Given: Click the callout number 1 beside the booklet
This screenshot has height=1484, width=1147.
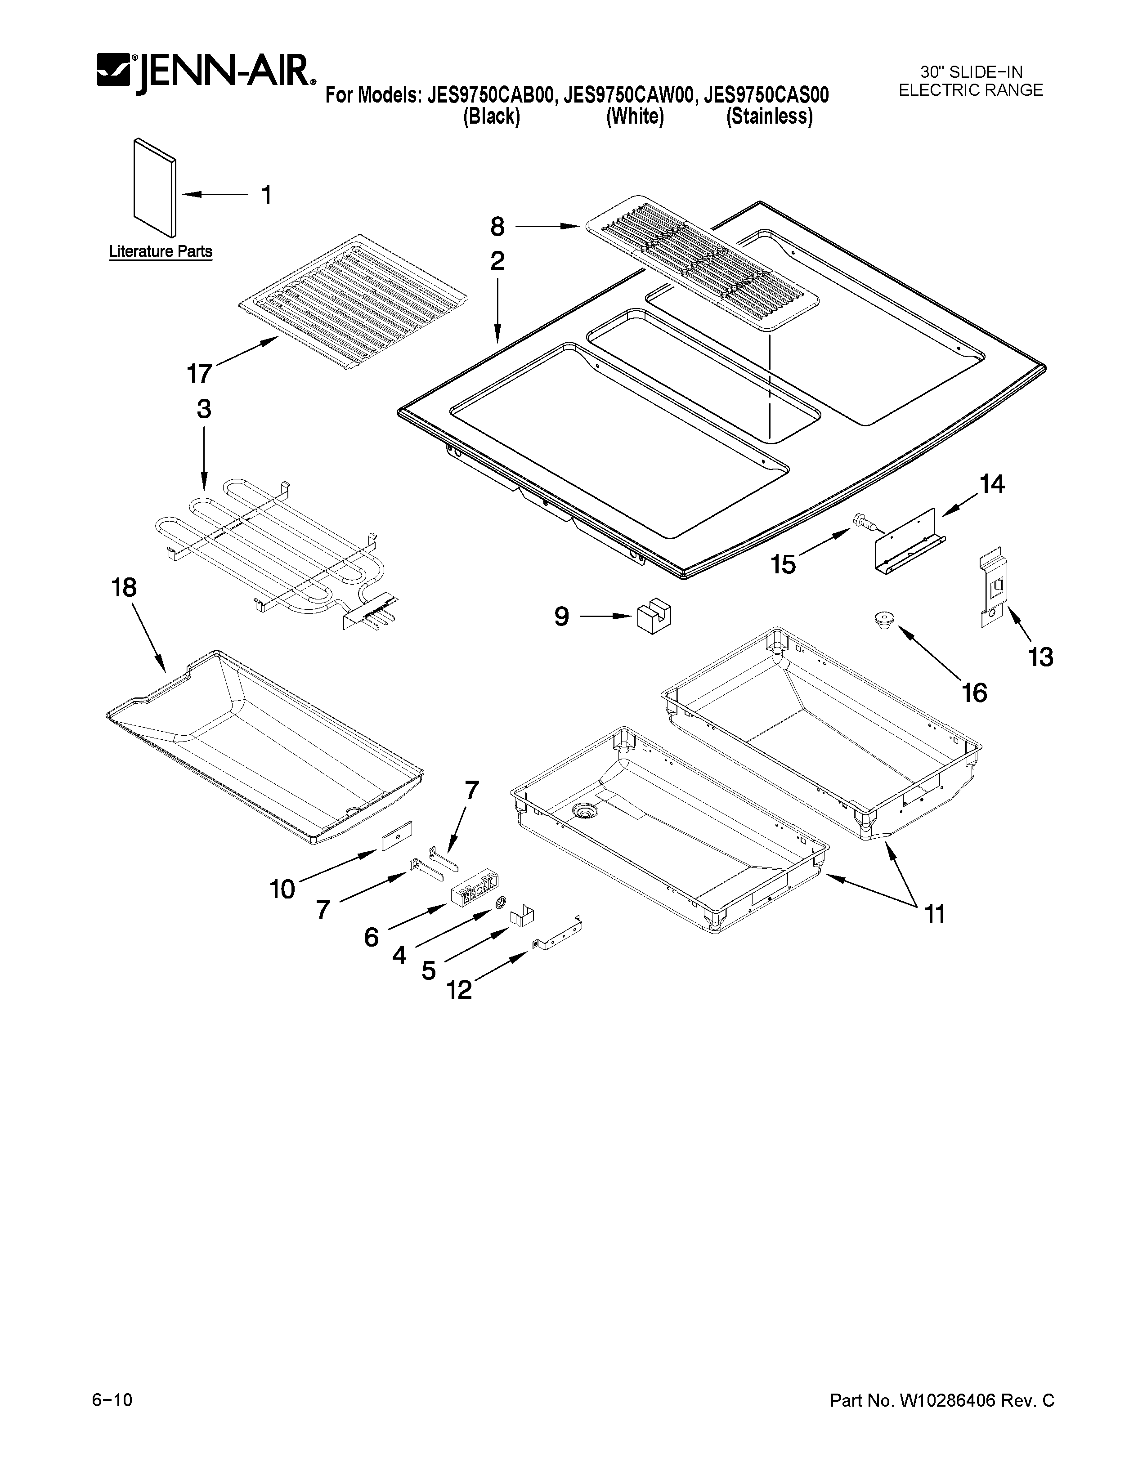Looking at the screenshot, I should (x=267, y=195).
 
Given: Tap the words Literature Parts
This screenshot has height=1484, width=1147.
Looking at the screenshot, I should (x=161, y=251).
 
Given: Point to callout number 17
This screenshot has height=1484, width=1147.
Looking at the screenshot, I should (x=199, y=374).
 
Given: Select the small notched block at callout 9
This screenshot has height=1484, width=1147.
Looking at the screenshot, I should (x=653, y=615).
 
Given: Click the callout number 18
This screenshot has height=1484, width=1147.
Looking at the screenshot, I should (x=124, y=588).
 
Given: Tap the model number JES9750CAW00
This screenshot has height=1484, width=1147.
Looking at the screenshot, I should (x=628, y=95).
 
